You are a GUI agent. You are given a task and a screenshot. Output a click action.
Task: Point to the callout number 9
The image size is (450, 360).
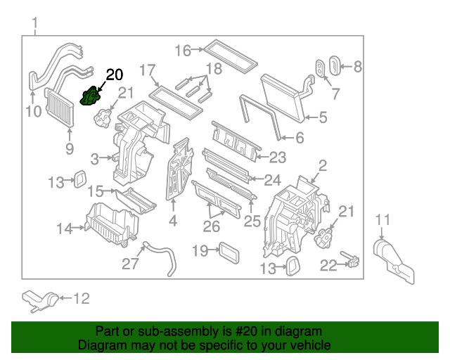point(69,148)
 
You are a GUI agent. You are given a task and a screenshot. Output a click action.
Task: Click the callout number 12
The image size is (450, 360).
point(82,299)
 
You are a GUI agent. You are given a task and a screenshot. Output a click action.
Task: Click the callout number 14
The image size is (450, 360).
point(65,228)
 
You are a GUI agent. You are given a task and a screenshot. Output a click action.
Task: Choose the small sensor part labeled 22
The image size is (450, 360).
point(349,260)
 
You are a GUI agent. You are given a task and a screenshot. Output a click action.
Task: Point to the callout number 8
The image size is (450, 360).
point(357,67)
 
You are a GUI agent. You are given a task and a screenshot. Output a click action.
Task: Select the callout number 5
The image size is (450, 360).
point(323,118)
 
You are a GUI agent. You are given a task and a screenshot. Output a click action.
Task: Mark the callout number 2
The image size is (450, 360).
point(323,166)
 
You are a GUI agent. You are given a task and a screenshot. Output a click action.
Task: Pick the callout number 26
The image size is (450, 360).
point(211,226)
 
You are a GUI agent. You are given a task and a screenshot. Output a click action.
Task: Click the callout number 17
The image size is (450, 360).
point(147,70)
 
